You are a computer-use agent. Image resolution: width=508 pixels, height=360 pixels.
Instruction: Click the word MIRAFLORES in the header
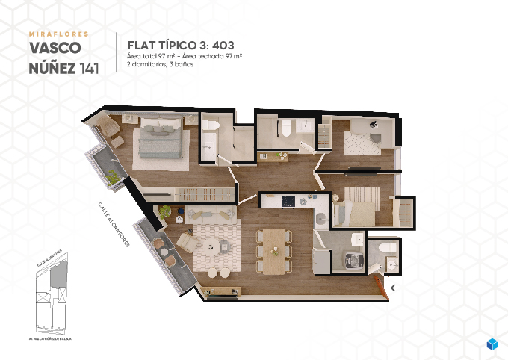coord(58,34)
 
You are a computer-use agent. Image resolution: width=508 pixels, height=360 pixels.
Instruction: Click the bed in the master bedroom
coord(158,139)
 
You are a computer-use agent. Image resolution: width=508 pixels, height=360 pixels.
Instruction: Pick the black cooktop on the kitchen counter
coord(288,200)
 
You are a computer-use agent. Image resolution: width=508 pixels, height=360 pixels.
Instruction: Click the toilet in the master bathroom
coord(285,128)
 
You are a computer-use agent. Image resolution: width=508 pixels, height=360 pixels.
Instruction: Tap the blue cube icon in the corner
coord(492,344)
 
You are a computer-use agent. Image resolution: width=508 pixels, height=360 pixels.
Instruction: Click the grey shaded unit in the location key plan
coord(53,278)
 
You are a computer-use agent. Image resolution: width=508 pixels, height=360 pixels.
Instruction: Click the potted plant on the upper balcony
coord(112,176)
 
